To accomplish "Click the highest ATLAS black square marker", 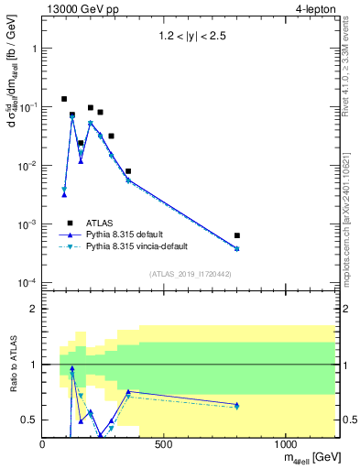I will tap(64, 99).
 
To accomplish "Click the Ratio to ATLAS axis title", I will tap(12, 364).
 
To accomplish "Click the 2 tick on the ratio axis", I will tap(34, 309).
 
